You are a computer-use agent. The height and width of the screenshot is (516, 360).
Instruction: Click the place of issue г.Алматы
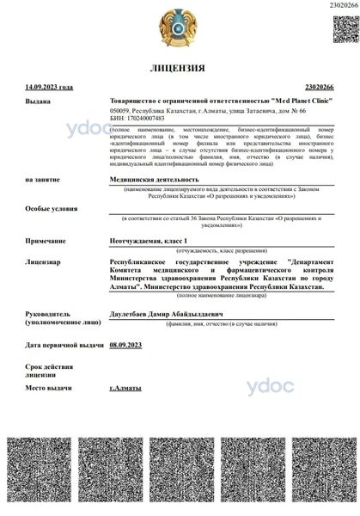tap(125, 389)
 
